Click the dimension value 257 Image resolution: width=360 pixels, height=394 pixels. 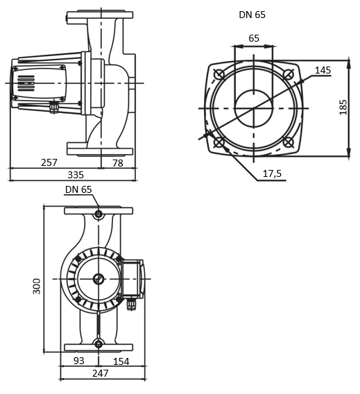pyautogui.click(x=49, y=162)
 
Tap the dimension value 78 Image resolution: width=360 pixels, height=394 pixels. pyautogui.click(x=118, y=162)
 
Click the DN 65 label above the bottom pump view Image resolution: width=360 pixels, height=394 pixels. pyautogui.click(x=78, y=189)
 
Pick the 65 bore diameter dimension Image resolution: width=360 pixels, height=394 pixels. pyautogui.click(x=254, y=38)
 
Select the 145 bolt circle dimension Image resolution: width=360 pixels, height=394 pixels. pyautogui.click(x=323, y=70)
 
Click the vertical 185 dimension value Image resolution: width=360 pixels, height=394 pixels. pyautogui.click(x=343, y=108)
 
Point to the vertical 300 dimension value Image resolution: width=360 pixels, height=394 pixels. pyautogui.click(x=37, y=285)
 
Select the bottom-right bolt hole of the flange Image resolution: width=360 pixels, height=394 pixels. pyautogui.click(x=289, y=144)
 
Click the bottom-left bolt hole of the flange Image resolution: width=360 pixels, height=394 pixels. pyautogui.click(x=220, y=144)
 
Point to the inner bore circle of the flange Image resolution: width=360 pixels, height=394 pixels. pyautogui.click(x=254, y=109)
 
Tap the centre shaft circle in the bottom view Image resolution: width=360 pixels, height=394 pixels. pyautogui.click(x=98, y=279)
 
